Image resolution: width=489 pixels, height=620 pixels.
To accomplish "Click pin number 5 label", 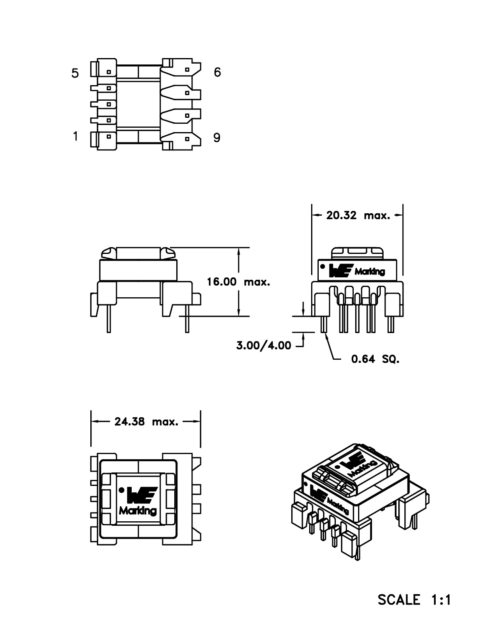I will pos(75,74).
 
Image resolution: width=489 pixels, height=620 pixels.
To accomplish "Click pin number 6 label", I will pos(217,72).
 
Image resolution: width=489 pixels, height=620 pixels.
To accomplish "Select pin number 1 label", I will pos(75,136).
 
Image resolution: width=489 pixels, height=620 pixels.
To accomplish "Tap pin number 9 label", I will pos(217,138).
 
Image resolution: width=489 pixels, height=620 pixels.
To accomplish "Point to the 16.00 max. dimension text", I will pos(238,282).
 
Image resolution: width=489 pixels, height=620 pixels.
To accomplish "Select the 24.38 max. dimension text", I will pos(146,422).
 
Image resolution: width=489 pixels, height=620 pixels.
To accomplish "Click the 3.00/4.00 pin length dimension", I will pos(263,345).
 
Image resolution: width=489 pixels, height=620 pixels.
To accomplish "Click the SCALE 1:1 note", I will pos(414,599).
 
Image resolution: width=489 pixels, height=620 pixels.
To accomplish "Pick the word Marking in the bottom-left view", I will pos(138,511).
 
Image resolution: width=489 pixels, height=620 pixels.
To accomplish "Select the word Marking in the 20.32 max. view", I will pos(370,272).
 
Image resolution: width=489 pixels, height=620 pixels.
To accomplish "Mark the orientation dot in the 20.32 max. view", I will pos(323,266).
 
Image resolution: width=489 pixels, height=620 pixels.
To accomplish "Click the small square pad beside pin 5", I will pos(109,72).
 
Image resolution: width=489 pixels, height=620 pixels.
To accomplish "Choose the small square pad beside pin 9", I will pos(187,139).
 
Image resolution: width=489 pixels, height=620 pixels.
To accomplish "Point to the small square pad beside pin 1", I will pos(109,136).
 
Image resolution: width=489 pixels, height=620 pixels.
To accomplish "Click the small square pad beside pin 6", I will pos(187,69).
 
